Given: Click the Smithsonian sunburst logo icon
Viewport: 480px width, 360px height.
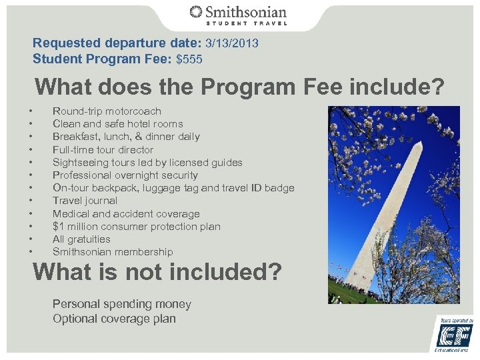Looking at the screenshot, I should pos(196,13).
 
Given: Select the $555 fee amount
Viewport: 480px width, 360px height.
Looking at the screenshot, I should pos(189,59).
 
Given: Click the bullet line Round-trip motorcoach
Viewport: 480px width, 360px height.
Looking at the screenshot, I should pos(107,111).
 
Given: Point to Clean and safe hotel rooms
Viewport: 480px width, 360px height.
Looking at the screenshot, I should pos(117,124).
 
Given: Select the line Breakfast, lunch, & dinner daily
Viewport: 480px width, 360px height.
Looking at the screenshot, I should pos(126,137).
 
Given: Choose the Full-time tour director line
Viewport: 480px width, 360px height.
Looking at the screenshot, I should pos(103,149).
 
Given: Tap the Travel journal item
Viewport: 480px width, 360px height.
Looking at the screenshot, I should pos(85,201).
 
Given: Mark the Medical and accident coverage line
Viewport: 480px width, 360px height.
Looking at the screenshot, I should pos(126,214).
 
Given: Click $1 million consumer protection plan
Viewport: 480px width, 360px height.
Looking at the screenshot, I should pos(136,227).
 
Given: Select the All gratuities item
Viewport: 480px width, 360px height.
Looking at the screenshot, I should pos(81,239).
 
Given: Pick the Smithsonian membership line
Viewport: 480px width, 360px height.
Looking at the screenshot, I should pos(113,252).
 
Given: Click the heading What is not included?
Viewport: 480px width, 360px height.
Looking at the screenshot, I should pos(157,273).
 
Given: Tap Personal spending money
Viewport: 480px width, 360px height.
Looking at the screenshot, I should pos(122,304).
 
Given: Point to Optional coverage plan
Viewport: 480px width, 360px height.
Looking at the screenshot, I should pos(114,319).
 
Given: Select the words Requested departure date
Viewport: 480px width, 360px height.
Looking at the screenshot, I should pos(97,43).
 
